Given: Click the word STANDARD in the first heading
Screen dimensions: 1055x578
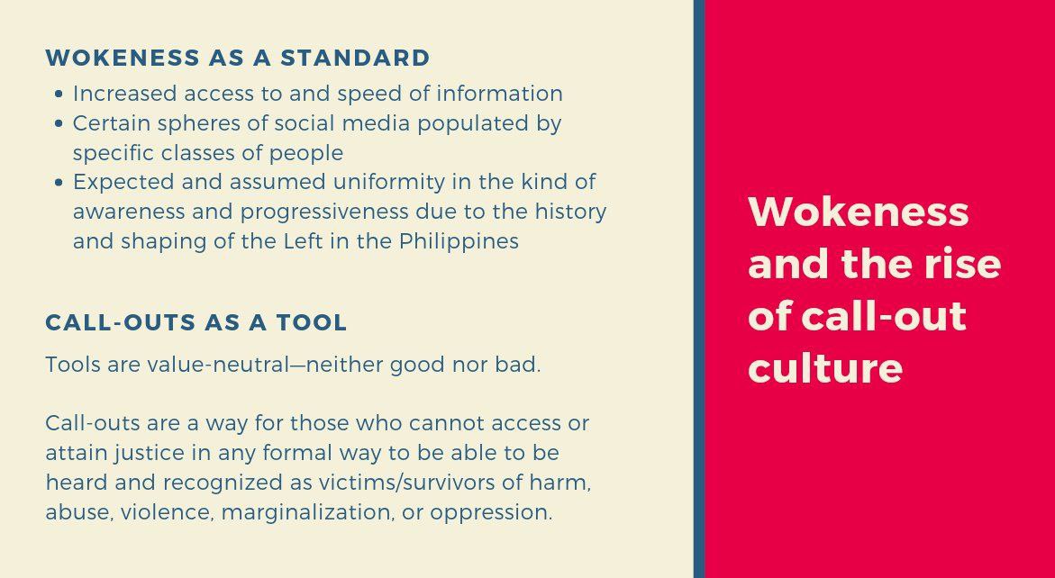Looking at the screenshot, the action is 355,58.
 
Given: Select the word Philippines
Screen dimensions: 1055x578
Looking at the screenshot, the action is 459,242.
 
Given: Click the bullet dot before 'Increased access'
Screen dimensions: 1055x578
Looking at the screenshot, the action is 59,95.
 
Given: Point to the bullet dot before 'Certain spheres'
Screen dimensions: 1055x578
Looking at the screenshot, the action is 59,123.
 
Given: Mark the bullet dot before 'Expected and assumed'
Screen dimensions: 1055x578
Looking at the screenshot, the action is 59,182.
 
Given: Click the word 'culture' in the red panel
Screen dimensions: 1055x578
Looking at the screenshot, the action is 825,367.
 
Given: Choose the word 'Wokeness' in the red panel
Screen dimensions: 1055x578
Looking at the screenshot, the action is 858,211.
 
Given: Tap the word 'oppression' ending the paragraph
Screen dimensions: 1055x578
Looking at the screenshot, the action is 490,513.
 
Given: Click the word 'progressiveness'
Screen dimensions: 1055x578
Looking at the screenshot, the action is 324,212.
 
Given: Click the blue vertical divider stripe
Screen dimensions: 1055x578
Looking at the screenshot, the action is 699,289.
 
